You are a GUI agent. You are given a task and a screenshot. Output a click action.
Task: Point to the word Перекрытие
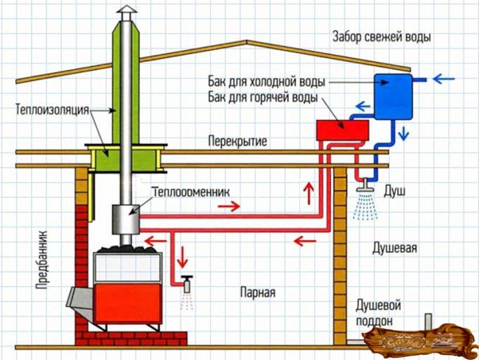tap(237, 140)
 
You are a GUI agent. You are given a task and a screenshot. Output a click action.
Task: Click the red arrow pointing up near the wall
tap(307, 194)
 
